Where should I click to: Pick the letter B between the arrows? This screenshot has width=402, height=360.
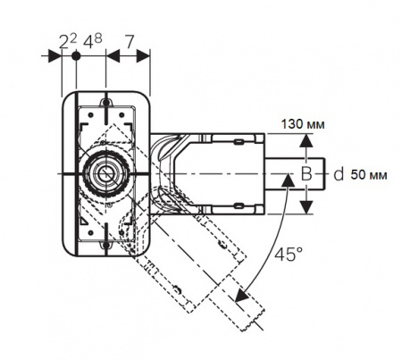(x=306, y=172)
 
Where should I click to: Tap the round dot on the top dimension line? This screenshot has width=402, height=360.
(x=78, y=56)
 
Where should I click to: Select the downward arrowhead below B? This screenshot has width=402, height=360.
(x=306, y=207)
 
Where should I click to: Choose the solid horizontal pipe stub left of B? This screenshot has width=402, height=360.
(x=283, y=172)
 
